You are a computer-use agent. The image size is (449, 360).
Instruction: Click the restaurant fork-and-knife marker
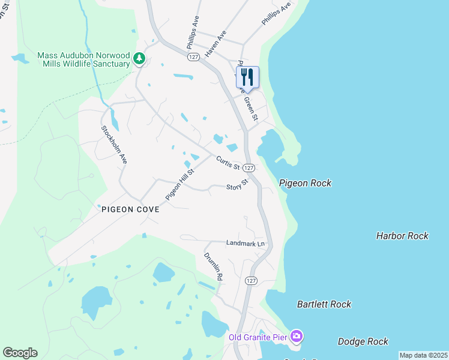(247, 77)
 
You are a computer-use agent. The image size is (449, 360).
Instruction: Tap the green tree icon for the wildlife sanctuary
(139, 59)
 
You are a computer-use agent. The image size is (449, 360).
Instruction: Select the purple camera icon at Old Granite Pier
(296, 336)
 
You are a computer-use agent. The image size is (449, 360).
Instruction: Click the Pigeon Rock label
(305, 183)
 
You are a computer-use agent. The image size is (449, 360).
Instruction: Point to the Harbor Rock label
(402, 236)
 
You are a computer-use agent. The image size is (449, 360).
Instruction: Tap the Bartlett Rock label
(324, 304)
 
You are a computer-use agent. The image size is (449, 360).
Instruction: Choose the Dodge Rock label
(363, 341)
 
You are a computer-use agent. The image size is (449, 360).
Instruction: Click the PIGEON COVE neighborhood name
(130, 209)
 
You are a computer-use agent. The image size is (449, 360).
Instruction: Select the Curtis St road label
(228, 163)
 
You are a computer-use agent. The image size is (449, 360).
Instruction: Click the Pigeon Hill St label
(180, 184)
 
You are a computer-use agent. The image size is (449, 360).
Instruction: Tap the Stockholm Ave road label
(114, 145)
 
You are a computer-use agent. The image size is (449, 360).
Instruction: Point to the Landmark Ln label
(245, 244)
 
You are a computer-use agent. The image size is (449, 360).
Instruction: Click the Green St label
(250, 108)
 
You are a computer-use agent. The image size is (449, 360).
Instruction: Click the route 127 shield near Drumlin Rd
(251, 280)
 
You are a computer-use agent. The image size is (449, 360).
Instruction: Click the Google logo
(20, 353)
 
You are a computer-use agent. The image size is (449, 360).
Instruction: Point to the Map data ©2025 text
(423, 355)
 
